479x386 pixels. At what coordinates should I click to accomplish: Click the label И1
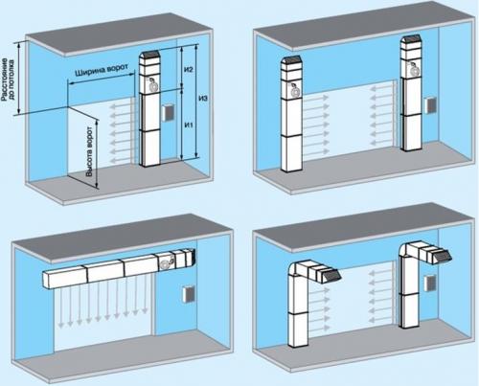tap(189, 125)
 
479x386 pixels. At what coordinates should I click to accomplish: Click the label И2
tap(189, 70)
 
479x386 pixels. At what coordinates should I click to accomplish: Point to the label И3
tap(203, 98)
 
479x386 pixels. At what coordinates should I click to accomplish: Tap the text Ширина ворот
tap(102, 70)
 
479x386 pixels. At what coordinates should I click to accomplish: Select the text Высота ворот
tap(90, 151)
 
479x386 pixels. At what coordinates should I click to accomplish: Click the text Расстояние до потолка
tap(8, 79)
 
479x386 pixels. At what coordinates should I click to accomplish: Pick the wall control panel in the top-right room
tap(430, 105)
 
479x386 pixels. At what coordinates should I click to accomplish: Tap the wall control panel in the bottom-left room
tap(188, 295)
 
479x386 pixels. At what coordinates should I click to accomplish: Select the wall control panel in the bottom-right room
tap(430, 284)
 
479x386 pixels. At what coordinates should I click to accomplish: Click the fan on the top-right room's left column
tap(294, 90)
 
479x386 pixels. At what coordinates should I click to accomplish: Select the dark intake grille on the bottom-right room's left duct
tap(332, 274)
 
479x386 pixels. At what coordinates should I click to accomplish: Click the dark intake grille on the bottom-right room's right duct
tap(442, 256)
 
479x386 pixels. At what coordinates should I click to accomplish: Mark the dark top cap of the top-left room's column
tap(149, 56)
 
